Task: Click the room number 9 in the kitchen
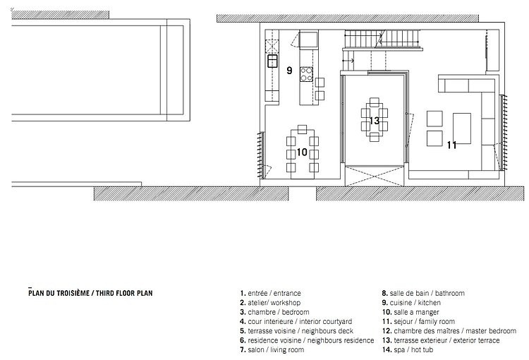tap(289, 71)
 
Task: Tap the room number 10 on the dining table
tap(302, 152)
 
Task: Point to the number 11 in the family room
tap(451, 145)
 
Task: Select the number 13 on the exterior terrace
tap(374, 121)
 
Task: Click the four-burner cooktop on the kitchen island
tap(306, 74)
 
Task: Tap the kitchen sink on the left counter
tap(272, 61)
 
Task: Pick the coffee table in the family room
tap(461, 128)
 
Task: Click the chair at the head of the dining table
tap(303, 129)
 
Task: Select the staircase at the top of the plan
tap(382, 39)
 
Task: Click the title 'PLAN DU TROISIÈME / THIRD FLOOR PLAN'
tap(90, 293)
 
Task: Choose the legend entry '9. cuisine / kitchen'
tap(411, 303)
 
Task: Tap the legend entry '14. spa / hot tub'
tap(408, 350)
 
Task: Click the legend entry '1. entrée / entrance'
tap(270, 293)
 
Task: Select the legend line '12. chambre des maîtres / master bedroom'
tap(449, 331)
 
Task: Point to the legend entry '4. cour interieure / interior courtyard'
tap(296, 321)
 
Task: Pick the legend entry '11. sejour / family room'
tap(418, 321)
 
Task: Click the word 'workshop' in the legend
tap(286, 303)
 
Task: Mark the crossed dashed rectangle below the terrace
tap(375, 176)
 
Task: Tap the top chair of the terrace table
tap(374, 102)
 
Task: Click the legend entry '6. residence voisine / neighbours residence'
tap(307, 340)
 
